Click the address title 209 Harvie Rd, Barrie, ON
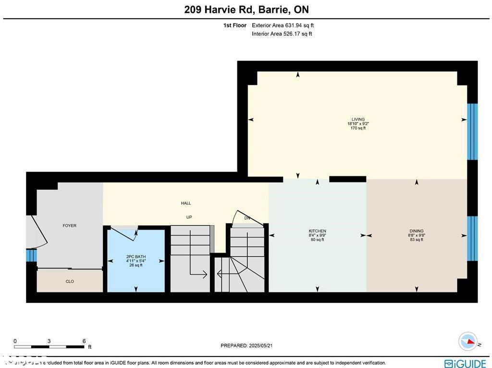[x=246, y=10]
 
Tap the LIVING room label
[x=358, y=119]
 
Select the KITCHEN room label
[x=317, y=231]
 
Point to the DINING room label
[x=416, y=231]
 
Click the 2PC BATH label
[x=135, y=257]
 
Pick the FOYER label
[x=70, y=226]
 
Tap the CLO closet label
[x=70, y=282]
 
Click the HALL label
[x=186, y=203]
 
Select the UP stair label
[x=189, y=217]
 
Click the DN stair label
[x=247, y=218]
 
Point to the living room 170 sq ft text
[x=358, y=128]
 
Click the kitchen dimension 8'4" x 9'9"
[x=317, y=236]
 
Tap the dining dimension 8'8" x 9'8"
[x=416, y=236]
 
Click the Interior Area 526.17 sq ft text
[x=282, y=34]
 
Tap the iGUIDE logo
[x=465, y=364]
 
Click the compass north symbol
[x=467, y=341]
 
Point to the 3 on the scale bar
[x=49, y=341]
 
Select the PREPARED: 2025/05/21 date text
[x=246, y=345]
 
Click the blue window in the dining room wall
[x=473, y=238]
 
